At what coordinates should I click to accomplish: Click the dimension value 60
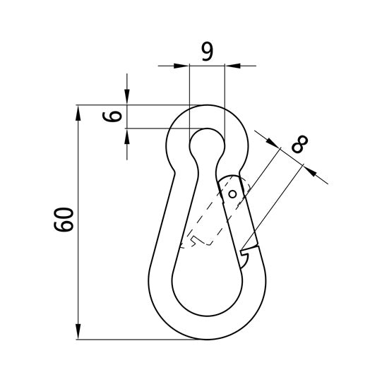(64, 220)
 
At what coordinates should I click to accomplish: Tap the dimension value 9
(208, 52)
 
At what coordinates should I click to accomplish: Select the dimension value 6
(112, 117)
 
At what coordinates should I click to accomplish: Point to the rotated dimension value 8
(299, 144)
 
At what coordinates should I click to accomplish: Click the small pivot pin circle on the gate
(232, 194)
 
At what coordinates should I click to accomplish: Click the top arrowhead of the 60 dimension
(78, 113)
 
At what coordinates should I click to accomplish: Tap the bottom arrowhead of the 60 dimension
(78, 331)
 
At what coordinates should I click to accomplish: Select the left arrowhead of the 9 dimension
(181, 66)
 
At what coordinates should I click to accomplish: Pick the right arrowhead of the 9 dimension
(232, 66)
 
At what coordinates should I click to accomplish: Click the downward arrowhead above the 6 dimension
(127, 97)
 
